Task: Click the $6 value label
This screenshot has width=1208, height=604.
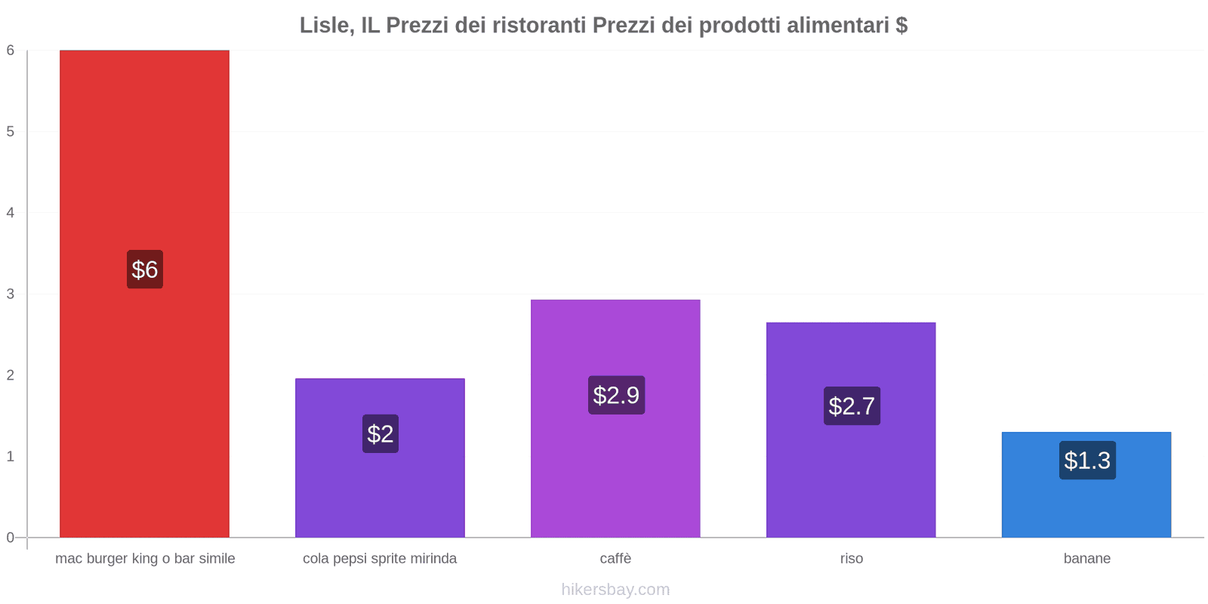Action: point(145,270)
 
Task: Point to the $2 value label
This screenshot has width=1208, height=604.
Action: point(381,433)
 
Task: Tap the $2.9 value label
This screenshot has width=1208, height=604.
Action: point(616,395)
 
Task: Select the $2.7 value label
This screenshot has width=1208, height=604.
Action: point(852,406)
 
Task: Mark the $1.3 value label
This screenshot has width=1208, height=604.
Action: point(1087,461)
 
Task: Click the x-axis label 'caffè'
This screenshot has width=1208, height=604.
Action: point(615,559)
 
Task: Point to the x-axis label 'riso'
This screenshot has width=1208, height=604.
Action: point(852,559)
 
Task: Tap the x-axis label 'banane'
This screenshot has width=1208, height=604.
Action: point(1086,559)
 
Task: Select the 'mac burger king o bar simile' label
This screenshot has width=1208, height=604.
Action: point(145,559)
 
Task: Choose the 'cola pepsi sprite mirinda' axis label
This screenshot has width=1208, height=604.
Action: point(380,559)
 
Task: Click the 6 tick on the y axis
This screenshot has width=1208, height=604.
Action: point(11,51)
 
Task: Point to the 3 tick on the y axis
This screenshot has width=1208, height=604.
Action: point(11,294)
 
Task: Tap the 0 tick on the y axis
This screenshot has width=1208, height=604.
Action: point(11,538)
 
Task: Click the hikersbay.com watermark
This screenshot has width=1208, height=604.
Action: point(615,590)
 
